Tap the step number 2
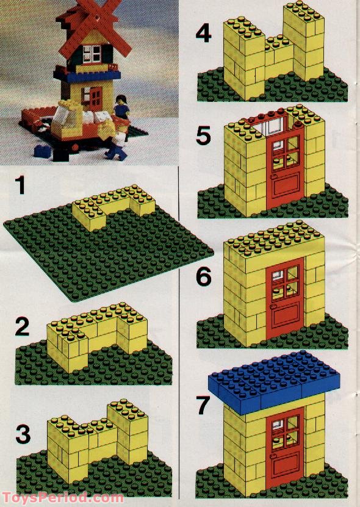(x=23, y=328)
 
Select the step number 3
(x=23, y=436)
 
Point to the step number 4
(x=203, y=32)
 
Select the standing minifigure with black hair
(x=121, y=107)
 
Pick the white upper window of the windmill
(x=95, y=54)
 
